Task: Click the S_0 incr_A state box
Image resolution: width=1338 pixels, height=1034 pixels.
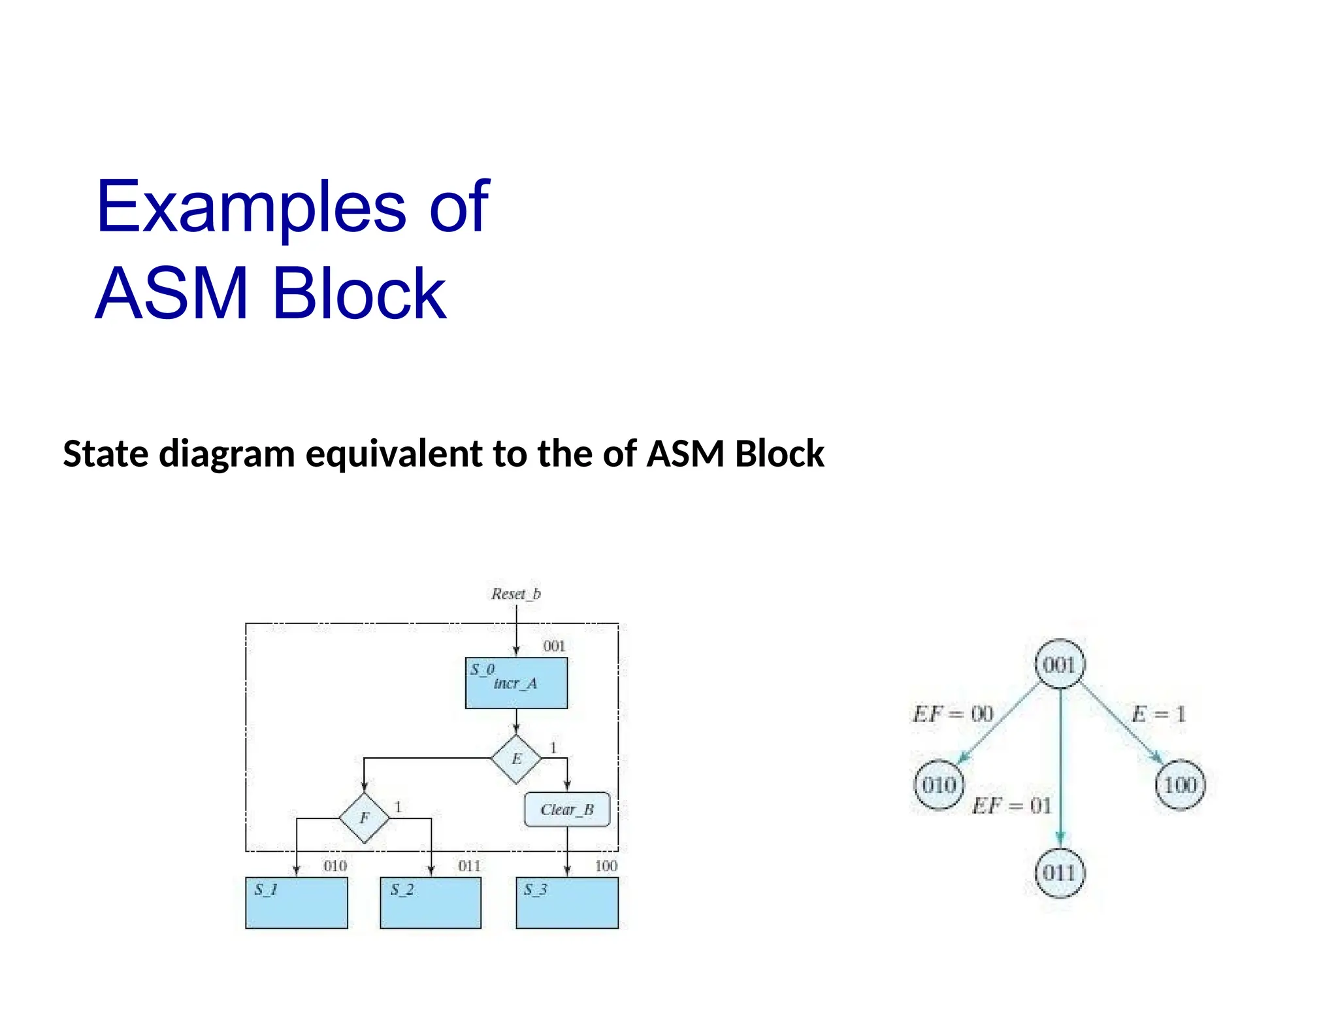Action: point(516,682)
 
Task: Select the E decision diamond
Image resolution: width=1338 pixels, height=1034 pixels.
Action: point(516,759)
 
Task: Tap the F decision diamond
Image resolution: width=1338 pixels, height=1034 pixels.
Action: point(365,818)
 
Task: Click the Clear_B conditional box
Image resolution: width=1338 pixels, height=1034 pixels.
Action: point(567,810)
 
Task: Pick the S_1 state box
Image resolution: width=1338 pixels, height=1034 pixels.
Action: point(297,903)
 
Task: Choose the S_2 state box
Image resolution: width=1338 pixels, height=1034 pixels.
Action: point(431,903)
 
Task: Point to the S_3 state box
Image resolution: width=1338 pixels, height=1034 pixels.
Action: point(567,903)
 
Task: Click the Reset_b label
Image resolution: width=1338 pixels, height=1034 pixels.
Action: point(516,593)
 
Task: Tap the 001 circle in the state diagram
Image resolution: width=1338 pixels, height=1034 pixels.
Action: point(1060,665)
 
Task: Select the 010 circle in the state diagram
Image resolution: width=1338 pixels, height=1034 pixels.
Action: point(939,785)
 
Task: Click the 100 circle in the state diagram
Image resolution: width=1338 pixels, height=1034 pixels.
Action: point(1180,785)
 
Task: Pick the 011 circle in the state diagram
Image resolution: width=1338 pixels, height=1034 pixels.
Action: point(1060,873)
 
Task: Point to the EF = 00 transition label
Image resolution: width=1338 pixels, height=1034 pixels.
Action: point(953,714)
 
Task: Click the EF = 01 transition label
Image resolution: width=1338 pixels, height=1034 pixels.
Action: point(1012,805)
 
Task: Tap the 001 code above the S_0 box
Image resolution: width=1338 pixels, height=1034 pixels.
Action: point(554,646)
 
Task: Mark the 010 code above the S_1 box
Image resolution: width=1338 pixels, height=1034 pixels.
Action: point(335,866)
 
